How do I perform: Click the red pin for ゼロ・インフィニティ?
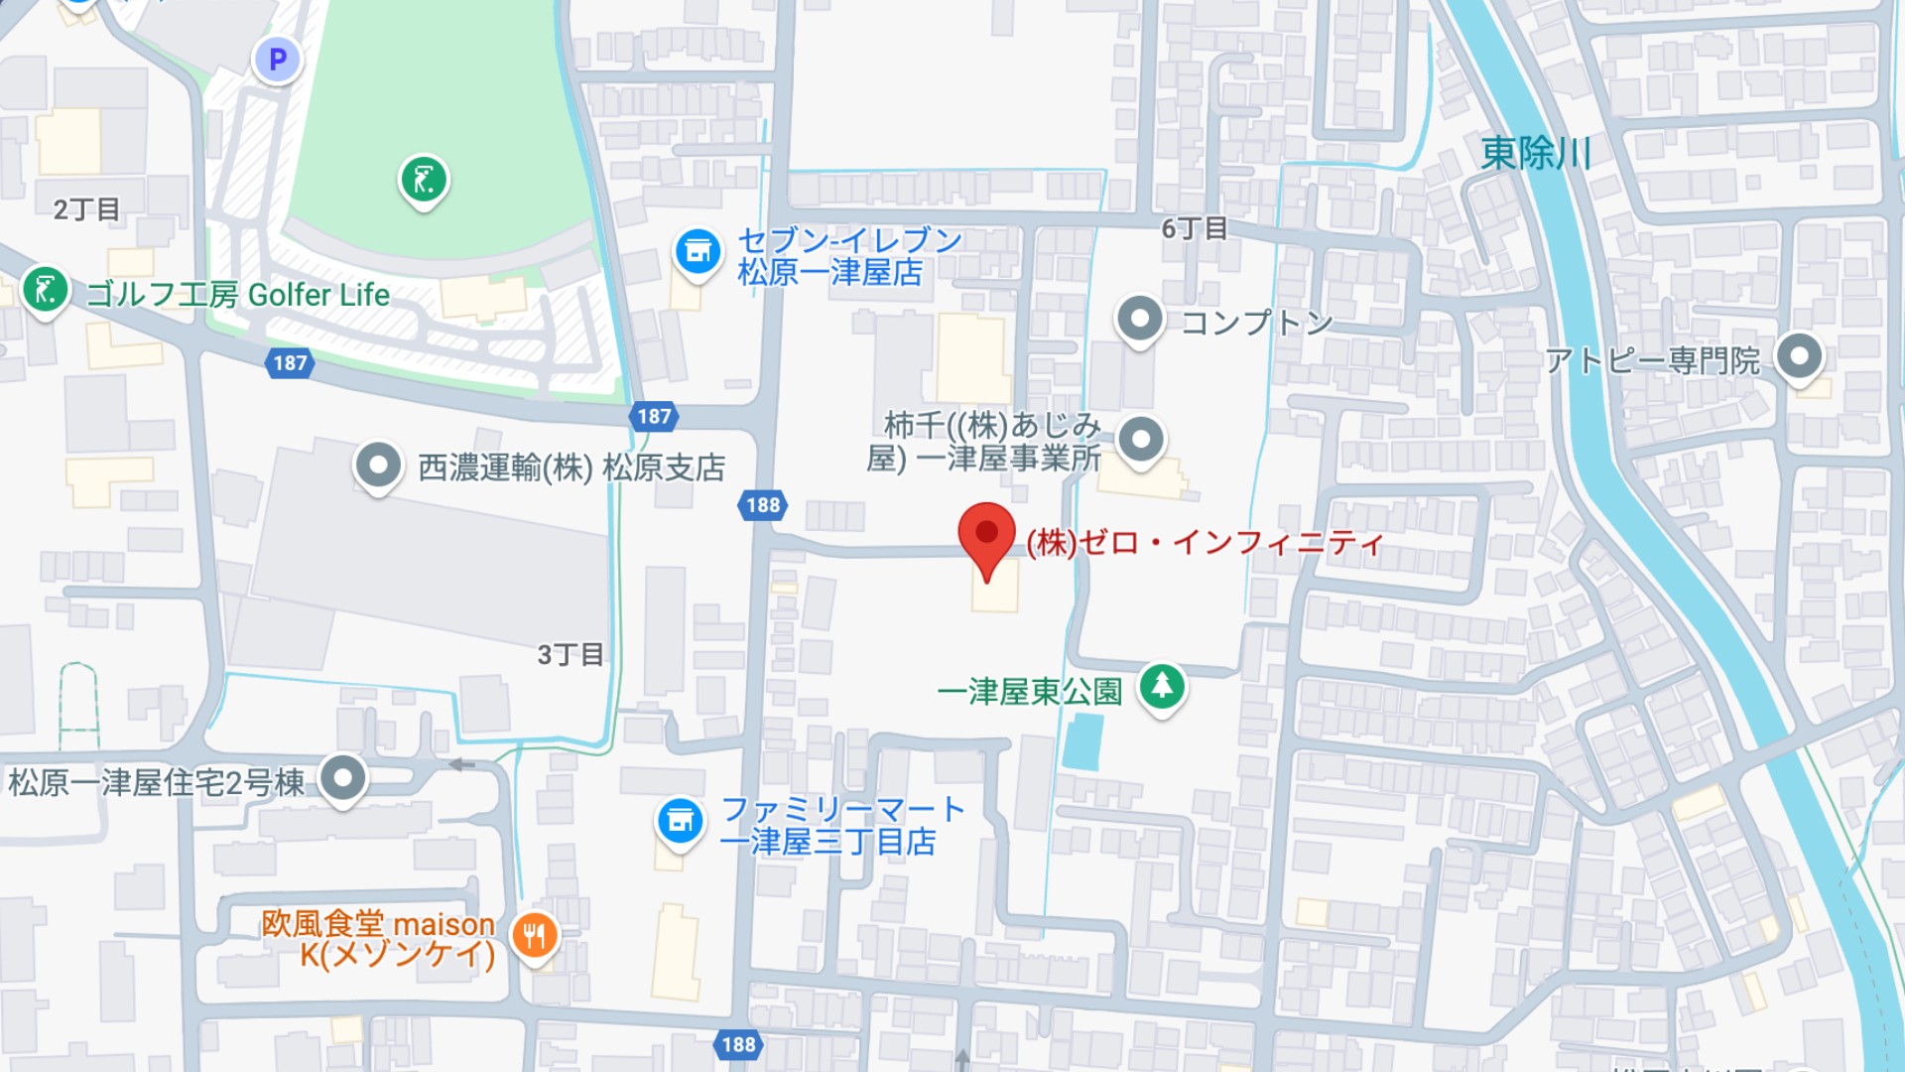coord(986,536)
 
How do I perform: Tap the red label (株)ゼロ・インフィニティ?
coord(1205,543)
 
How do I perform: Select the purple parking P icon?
coord(277,60)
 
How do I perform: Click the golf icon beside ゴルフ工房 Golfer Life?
coord(45,290)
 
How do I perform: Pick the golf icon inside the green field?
coord(424,180)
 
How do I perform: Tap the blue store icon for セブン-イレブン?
coord(698,251)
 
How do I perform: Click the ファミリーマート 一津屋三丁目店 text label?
coord(841,825)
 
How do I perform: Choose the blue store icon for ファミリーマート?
coord(681,821)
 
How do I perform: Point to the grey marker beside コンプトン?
coord(1140,320)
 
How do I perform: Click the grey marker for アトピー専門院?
coord(1799,355)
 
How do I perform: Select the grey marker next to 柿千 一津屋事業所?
coord(1141,439)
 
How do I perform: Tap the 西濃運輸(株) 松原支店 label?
coord(571,468)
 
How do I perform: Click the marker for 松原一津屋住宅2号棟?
coord(343,778)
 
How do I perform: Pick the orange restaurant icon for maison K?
coord(535,934)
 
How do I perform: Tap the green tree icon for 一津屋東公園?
coord(1162,686)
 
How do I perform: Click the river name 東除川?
coord(1535,154)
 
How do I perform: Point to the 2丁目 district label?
coord(86,209)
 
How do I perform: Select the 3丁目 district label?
coord(571,655)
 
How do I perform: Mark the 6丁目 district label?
coord(1195,229)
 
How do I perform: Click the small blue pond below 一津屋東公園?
coord(1082,741)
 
